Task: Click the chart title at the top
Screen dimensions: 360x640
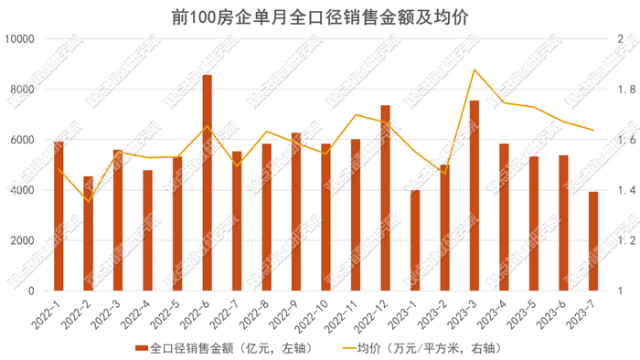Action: click(320, 16)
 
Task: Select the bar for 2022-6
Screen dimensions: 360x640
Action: click(208, 183)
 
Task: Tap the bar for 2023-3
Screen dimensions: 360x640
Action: click(475, 196)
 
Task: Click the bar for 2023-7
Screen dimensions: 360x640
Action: click(593, 241)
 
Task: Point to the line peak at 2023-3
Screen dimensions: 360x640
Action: click(475, 69)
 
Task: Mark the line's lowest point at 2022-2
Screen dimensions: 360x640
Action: click(89, 201)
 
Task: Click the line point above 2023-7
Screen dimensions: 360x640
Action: click(593, 131)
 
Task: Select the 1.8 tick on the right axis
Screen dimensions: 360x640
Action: click(625, 90)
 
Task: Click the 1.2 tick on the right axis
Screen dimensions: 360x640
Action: click(625, 240)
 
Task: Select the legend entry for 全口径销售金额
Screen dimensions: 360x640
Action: click(210, 348)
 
